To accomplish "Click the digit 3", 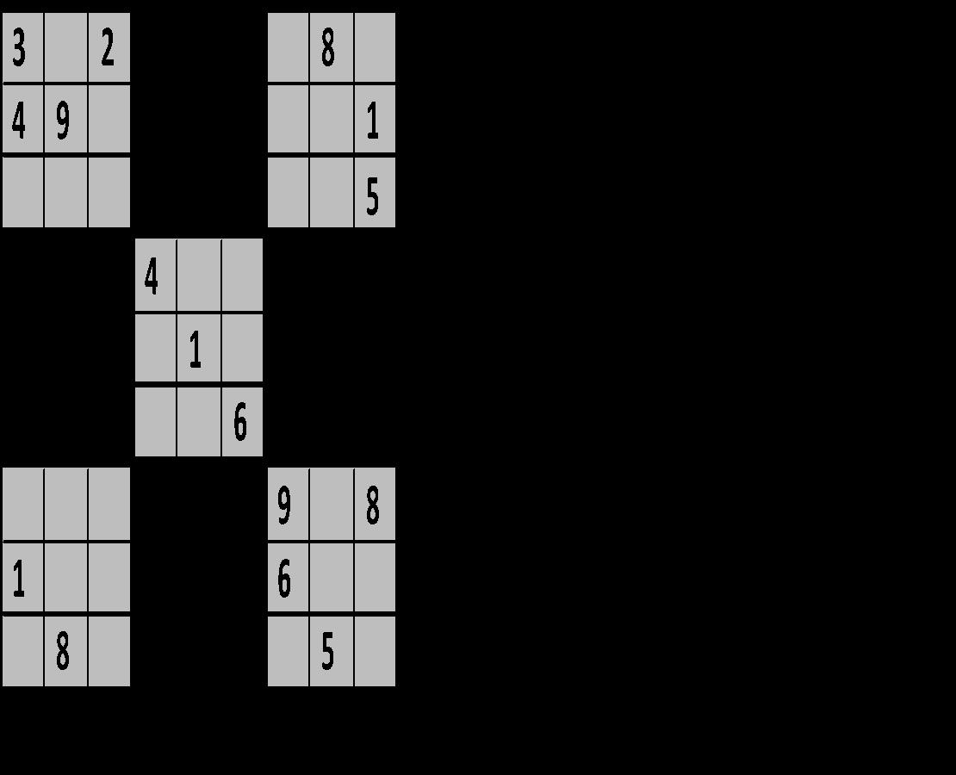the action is (19, 49).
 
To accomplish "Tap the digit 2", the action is (108, 49).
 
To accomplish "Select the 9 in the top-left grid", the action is (63, 122).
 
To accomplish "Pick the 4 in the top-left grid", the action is (19, 122).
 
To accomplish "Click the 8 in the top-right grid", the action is (328, 49).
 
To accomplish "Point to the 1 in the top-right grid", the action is (373, 122).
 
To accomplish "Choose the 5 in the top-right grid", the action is (373, 196).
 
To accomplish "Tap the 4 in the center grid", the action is (152, 277).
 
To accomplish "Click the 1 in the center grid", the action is (196, 350).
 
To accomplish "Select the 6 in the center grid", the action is (240, 423).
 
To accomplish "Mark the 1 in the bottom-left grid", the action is (19, 580).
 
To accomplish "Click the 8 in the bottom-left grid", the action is (63, 653).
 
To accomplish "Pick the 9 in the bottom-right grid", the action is (285, 506).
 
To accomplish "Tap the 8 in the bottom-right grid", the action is (373, 506).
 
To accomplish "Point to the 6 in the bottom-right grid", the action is (285, 580).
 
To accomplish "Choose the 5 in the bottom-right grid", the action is (328, 653).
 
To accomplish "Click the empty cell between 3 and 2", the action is (65, 49).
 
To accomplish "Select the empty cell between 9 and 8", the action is (331, 506).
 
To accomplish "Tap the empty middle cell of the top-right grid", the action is (331, 121).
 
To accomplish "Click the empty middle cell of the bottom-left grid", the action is (65, 578).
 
